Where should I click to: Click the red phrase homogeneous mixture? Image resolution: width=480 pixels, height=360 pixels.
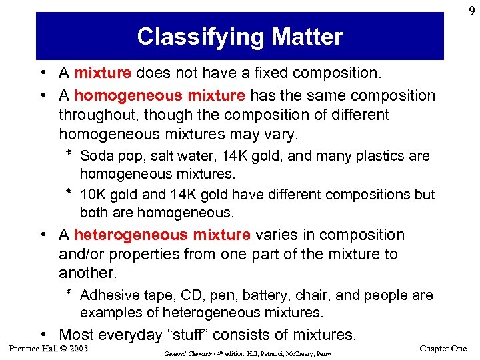(x=159, y=95)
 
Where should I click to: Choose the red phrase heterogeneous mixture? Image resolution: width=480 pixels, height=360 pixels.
(x=162, y=235)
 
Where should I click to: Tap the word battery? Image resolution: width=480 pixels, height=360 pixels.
(x=251, y=295)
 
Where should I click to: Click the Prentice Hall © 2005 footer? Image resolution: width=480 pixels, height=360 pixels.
(x=48, y=348)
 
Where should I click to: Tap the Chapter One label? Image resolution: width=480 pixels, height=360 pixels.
(x=443, y=349)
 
